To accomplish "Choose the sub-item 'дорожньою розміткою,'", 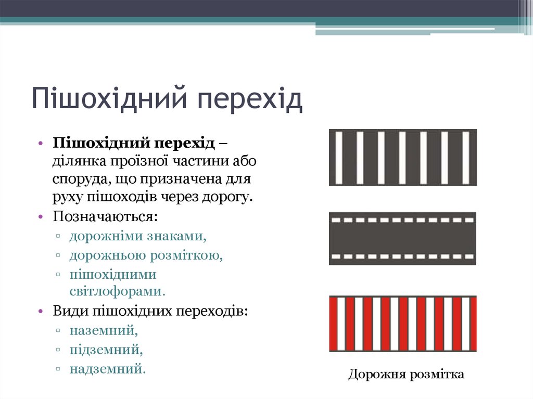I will tap(146, 255).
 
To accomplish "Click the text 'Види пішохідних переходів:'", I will tap(150, 311).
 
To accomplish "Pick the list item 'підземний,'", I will tap(106, 349).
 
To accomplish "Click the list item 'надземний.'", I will tap(108, 369).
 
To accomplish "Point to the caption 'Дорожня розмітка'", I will tap(406, 374).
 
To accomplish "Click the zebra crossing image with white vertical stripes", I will tap(402, 158).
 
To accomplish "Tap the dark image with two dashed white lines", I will tap(402, 238).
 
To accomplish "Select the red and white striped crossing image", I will tap(402, 324).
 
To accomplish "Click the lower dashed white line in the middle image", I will tap(402, 256).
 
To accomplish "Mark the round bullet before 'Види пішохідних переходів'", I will tap(40, 312).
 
